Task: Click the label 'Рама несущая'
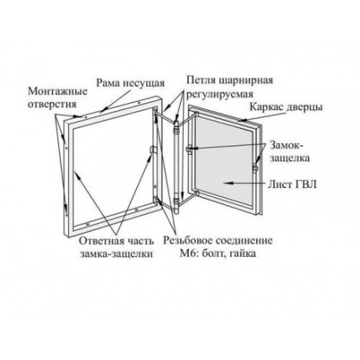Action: coord(130,83)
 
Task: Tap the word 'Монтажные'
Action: coord(58,91)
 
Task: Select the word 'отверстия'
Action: coord(52,104)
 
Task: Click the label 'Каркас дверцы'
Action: coord(286,107)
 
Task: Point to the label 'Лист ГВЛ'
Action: coord(292,184)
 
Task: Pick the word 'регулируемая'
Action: coord(219,94)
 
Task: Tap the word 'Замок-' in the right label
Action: coord(286,145)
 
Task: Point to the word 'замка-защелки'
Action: coord(116,254)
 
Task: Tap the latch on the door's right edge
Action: coord(255,167)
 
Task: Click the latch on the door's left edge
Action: coord(189,149)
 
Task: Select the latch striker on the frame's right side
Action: coord(152,150)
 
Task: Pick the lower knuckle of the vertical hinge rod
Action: coord(177,204)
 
